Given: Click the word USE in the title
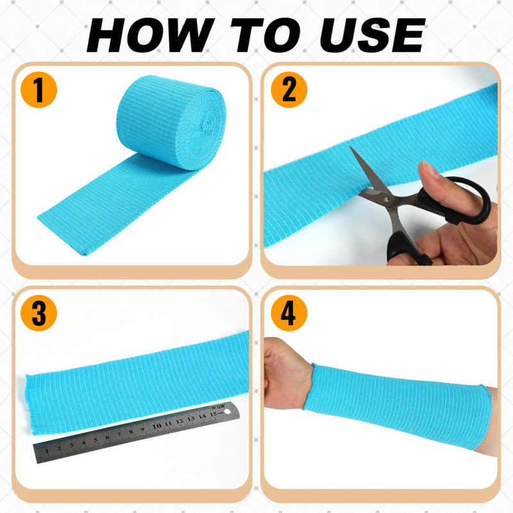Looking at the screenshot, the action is click(373, 35).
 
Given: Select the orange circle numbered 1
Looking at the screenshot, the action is click(38, 90).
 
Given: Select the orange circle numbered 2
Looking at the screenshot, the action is click(289, 90).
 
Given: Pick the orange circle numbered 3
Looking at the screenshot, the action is click(38, 313).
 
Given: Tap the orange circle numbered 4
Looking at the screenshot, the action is click(289, 313).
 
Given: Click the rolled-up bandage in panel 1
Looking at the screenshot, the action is click(171, 122).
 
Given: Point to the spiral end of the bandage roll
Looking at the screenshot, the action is click(205, 126).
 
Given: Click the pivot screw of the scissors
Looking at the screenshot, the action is click(387, 199).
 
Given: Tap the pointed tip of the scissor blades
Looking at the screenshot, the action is click(350, 147).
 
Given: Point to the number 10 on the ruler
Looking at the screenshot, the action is click(156, 426).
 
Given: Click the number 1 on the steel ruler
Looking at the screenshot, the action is click(46, 451).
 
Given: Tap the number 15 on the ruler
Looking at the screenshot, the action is click(214, 414).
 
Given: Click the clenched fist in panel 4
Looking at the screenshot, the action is click(286, 373).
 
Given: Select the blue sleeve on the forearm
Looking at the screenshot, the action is click(398, 406).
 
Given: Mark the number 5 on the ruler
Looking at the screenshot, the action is click(96, 440).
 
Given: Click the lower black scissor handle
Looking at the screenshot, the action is click(406, 249).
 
